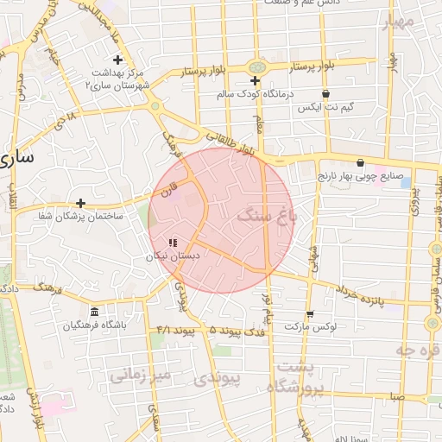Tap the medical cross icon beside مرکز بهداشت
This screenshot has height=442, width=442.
[x=118, y=60]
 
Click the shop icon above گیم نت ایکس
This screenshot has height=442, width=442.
[x=325, y=93]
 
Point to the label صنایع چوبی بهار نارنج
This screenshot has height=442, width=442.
[x=362, y=175]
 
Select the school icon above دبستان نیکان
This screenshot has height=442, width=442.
[x=172, y=243]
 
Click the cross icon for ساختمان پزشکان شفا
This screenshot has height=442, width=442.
[x=80, y=203]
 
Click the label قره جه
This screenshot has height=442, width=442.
[x=418, y=350]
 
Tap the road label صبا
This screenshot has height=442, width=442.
[x=396, y=396]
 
